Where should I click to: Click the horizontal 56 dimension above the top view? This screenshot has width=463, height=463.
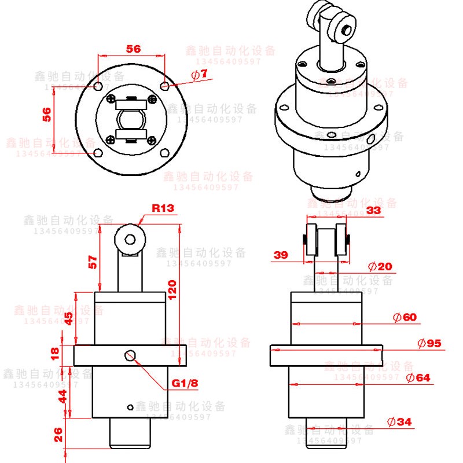[133, 49]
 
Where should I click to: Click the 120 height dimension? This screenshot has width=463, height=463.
[172, 288]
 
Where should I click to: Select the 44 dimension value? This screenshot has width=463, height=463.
[63, 396]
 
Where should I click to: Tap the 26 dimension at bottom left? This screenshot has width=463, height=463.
[58, 435]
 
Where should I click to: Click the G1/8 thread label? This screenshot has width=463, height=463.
[185, 383]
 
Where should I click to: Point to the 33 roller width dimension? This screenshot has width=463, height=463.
[373, 211]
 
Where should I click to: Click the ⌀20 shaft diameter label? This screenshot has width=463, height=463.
[380, 266]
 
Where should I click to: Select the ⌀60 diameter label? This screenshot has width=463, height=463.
[404, 317]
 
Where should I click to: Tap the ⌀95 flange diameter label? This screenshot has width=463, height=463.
[429, 343]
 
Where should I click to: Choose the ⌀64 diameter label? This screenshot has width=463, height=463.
[418, 378]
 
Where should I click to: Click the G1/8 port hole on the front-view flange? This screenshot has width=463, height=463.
[130, 354]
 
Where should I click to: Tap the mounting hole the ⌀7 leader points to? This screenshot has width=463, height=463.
[165, 86]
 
